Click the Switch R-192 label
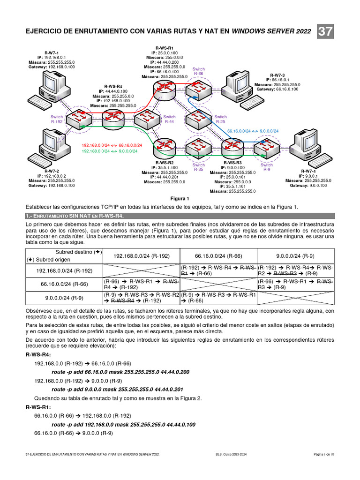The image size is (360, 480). (x=57, y=119)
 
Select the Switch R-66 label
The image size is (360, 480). (x=198, y=71)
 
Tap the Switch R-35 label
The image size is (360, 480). (x=199, y=167)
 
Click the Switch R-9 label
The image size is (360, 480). (x=267, y=167)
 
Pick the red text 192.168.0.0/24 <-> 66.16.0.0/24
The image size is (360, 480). (x=112, y=145)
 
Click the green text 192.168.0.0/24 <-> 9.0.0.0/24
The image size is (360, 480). (x=110, y=151)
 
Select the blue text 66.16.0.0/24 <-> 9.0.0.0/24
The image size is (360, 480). (x=253, y=131)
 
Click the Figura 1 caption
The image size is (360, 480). (x=180, y=198)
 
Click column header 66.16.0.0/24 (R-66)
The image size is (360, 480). (x=218, y=255)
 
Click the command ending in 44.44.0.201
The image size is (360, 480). (x=120, y=389)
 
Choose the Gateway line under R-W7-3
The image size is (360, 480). (x=277, y=89)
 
